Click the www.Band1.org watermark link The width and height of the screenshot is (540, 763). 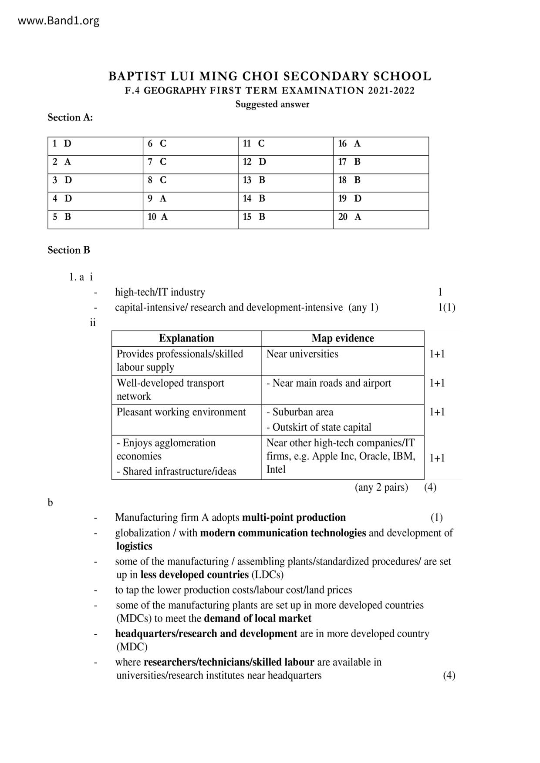(x=59, y=20)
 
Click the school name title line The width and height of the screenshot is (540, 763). (x=270, y=76)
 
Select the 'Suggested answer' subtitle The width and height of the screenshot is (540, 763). (x=272, y=104)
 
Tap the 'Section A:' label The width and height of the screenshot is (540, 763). (x=70, y=117)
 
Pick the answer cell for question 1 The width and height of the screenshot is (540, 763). (x=95, y=144)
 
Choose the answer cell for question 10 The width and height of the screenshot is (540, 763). (x=190, y=217)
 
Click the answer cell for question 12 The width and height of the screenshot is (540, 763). (x=286, y=162)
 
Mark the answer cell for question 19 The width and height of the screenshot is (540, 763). (x=381, y=199)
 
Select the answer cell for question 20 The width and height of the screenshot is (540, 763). (x=381, y=217)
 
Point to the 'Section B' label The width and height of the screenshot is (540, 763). (x=69, y=250)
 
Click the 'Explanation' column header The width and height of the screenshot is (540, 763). (x=186, y=338)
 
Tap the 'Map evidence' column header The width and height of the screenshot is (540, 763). (x=343, y=338)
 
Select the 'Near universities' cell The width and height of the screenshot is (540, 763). (x=302, y=354)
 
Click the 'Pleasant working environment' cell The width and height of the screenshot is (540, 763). (x=181, y=412)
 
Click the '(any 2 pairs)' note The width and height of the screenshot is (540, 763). (x=381, y=487)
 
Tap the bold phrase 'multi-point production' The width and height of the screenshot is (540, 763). (x=294, y=518)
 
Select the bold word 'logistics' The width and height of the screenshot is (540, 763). (x=134, y=546)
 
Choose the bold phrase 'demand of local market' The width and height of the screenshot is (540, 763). (x=258, y=619)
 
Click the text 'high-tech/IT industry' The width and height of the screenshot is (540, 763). (x=160, y=292)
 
